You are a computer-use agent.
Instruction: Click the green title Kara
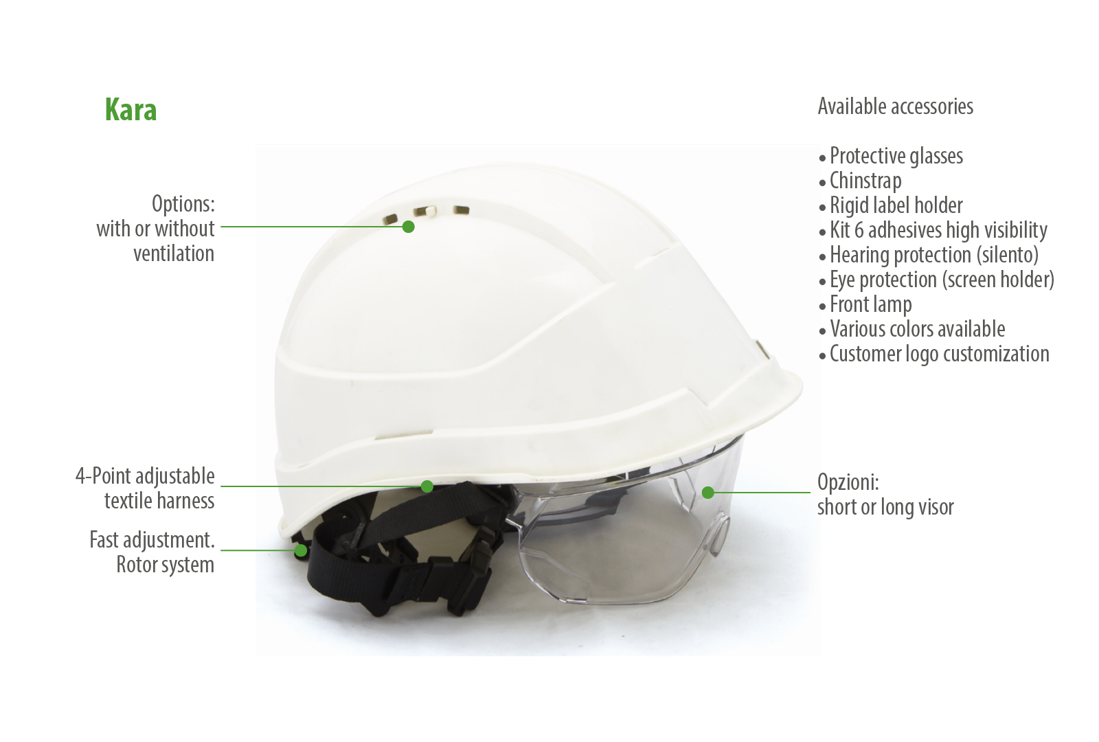(x=131, y=109)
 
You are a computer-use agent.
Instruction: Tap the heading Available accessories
(x=896, y=106)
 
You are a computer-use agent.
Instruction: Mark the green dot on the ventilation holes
(x=408, y=227)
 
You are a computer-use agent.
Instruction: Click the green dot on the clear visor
(x=707, y=492)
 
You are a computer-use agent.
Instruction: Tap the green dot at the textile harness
(x=427, y=486)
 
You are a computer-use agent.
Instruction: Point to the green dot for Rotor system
(x=301, y=550)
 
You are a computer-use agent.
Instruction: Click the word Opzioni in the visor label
(x=848, y=483)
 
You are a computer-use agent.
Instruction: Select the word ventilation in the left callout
(x=174, y=254)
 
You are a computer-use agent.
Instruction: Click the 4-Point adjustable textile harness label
(x=145, y=488)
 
